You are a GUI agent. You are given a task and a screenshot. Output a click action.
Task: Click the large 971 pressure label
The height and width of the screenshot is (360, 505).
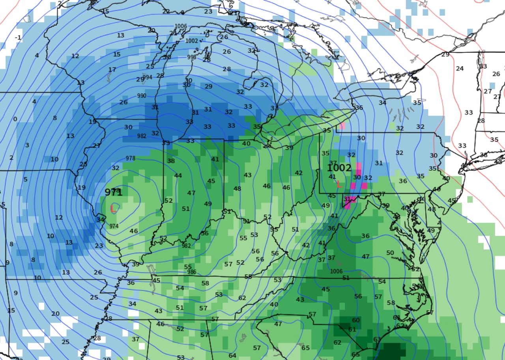coord(113,192)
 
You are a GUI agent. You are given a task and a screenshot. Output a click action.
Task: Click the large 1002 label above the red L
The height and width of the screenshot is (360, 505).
coord(339,168)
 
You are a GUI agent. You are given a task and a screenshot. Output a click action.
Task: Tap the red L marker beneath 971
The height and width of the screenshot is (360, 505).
coord(113,208)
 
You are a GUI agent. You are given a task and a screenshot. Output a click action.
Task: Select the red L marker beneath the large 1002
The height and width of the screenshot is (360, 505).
coord(339,183)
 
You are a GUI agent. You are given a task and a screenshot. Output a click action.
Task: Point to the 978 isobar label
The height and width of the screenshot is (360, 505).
coord(131,158)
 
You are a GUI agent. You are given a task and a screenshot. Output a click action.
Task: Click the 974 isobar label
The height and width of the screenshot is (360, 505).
coord(114,226)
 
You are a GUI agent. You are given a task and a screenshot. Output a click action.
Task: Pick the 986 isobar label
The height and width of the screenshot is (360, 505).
coord(192,272)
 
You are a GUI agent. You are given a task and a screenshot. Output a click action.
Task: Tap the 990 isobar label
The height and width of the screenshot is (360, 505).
coord(142,96)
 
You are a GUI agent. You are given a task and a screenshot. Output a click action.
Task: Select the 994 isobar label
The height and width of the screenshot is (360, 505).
coord(148,77)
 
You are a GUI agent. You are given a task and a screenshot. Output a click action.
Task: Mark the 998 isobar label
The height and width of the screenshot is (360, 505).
coord(192,57)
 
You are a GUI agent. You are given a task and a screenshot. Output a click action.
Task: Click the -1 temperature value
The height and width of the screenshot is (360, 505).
coord(18,37)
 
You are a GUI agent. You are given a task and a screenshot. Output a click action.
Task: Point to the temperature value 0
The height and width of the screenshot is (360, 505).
coord(15,119)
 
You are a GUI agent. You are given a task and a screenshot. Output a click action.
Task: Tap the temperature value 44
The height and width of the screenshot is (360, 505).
coord(178,175)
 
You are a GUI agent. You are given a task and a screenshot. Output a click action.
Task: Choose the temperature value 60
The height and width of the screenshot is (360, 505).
coord(355,320)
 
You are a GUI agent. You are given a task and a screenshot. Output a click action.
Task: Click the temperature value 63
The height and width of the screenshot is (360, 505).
coord(377,339)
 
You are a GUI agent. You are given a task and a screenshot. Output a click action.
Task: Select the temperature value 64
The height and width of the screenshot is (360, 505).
coord(232,356)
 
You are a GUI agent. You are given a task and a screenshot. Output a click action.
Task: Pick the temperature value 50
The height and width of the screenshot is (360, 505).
coord(390,253)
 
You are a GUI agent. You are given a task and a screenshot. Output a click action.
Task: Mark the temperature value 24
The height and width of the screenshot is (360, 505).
coord(460,68)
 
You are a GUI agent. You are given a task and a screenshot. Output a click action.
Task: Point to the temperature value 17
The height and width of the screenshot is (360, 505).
coord(112,70)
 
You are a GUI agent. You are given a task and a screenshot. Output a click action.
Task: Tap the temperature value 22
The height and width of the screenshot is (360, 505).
coord(166,11)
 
